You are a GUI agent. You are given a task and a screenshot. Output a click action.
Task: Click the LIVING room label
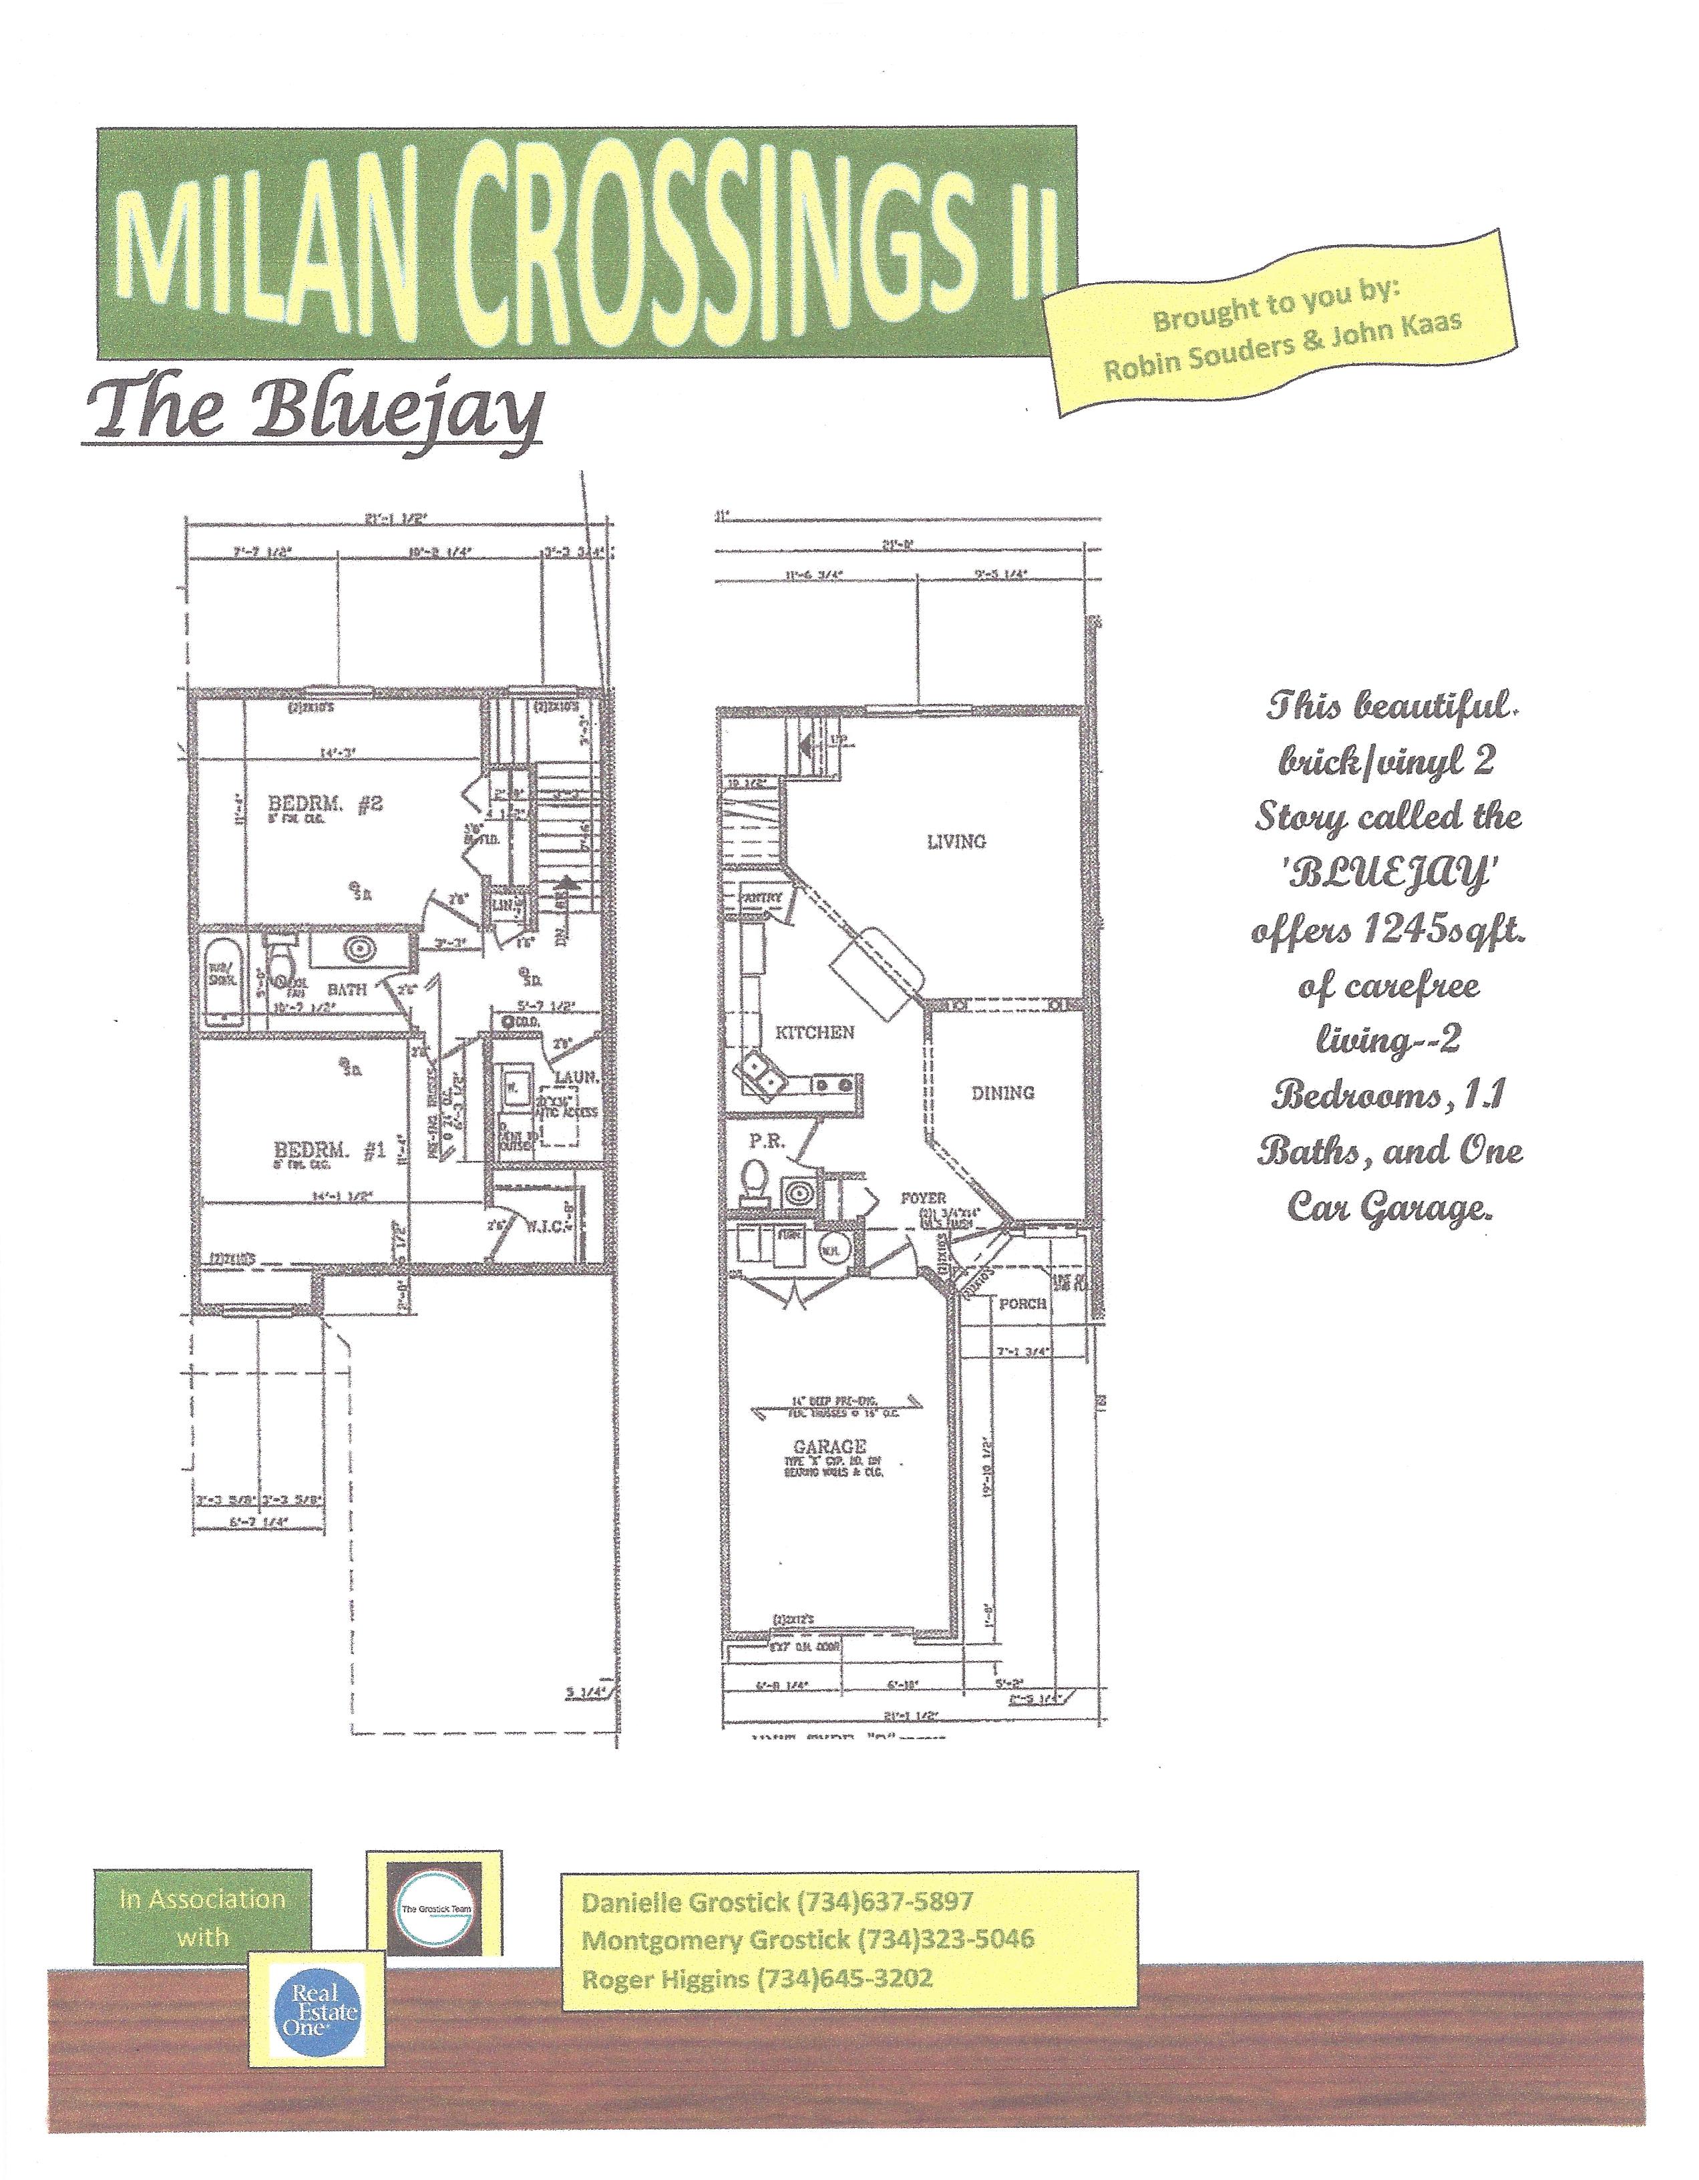tap(956, 842)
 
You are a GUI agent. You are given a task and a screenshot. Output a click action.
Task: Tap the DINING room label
tap(1002, 1093)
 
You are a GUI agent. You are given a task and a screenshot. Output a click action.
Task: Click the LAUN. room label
tap(576, 1078)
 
